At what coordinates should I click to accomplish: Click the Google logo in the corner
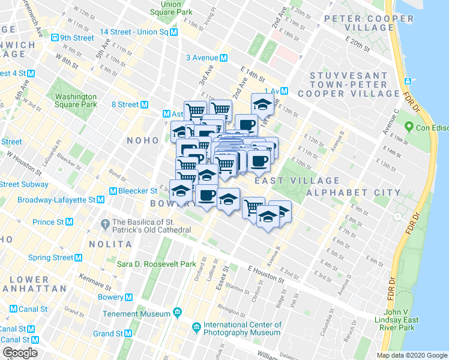pos(20,353)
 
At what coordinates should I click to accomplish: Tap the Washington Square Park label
pos(76,100)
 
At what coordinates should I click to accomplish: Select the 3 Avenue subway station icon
pos(223,58)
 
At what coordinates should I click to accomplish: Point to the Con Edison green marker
pos(409,127)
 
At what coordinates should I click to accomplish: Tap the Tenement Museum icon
pos(177,312)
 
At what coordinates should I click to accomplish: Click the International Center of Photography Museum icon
pos(196,328)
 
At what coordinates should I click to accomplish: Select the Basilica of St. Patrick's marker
pos(106,222)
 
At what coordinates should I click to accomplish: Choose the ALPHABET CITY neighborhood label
pos(353,193)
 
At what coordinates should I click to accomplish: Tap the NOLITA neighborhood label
pos(111,245)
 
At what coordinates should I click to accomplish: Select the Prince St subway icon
pos(69,222)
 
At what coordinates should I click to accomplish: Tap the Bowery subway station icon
pos(128,297)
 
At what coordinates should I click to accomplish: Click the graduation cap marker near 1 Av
pos(262,103)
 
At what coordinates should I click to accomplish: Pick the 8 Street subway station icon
pos(144,104)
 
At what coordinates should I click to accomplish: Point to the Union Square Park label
pos(172,8)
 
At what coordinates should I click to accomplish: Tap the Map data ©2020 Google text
pos(411,355)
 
